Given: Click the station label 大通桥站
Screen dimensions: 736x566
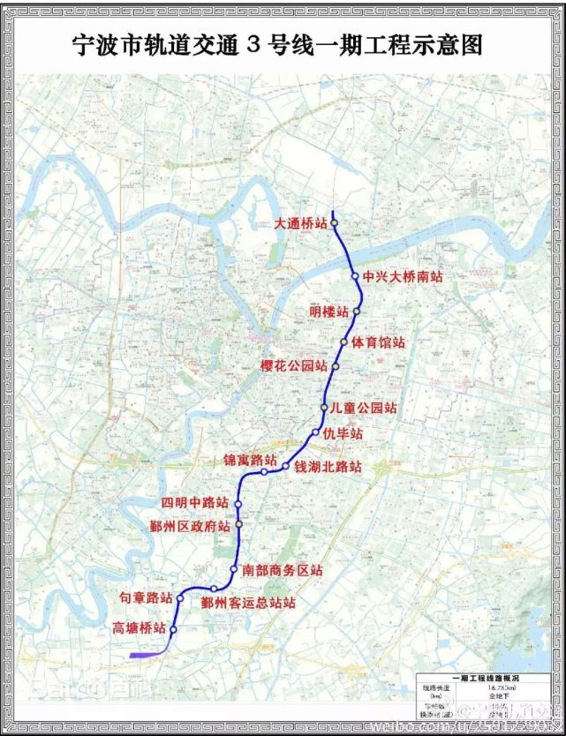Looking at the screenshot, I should point(299,224).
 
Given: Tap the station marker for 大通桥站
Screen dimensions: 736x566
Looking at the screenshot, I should point(335,223).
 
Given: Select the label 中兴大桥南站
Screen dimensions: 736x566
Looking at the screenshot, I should point(402,277).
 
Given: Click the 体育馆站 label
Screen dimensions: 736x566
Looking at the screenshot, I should point(378,342).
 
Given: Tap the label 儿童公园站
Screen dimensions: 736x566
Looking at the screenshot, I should point(362,408).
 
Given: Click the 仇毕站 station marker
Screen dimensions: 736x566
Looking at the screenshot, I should point(315,432).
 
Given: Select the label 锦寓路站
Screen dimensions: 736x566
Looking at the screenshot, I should point(250,461).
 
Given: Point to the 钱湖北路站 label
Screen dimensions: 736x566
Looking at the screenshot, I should point(328,465).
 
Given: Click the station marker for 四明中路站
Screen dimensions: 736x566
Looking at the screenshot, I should point(238,504).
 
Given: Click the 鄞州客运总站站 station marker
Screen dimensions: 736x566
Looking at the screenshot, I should point(214,589).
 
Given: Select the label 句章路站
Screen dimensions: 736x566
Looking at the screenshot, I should point(146,597).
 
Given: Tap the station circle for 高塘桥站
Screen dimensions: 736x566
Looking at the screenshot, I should point(174,629).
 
